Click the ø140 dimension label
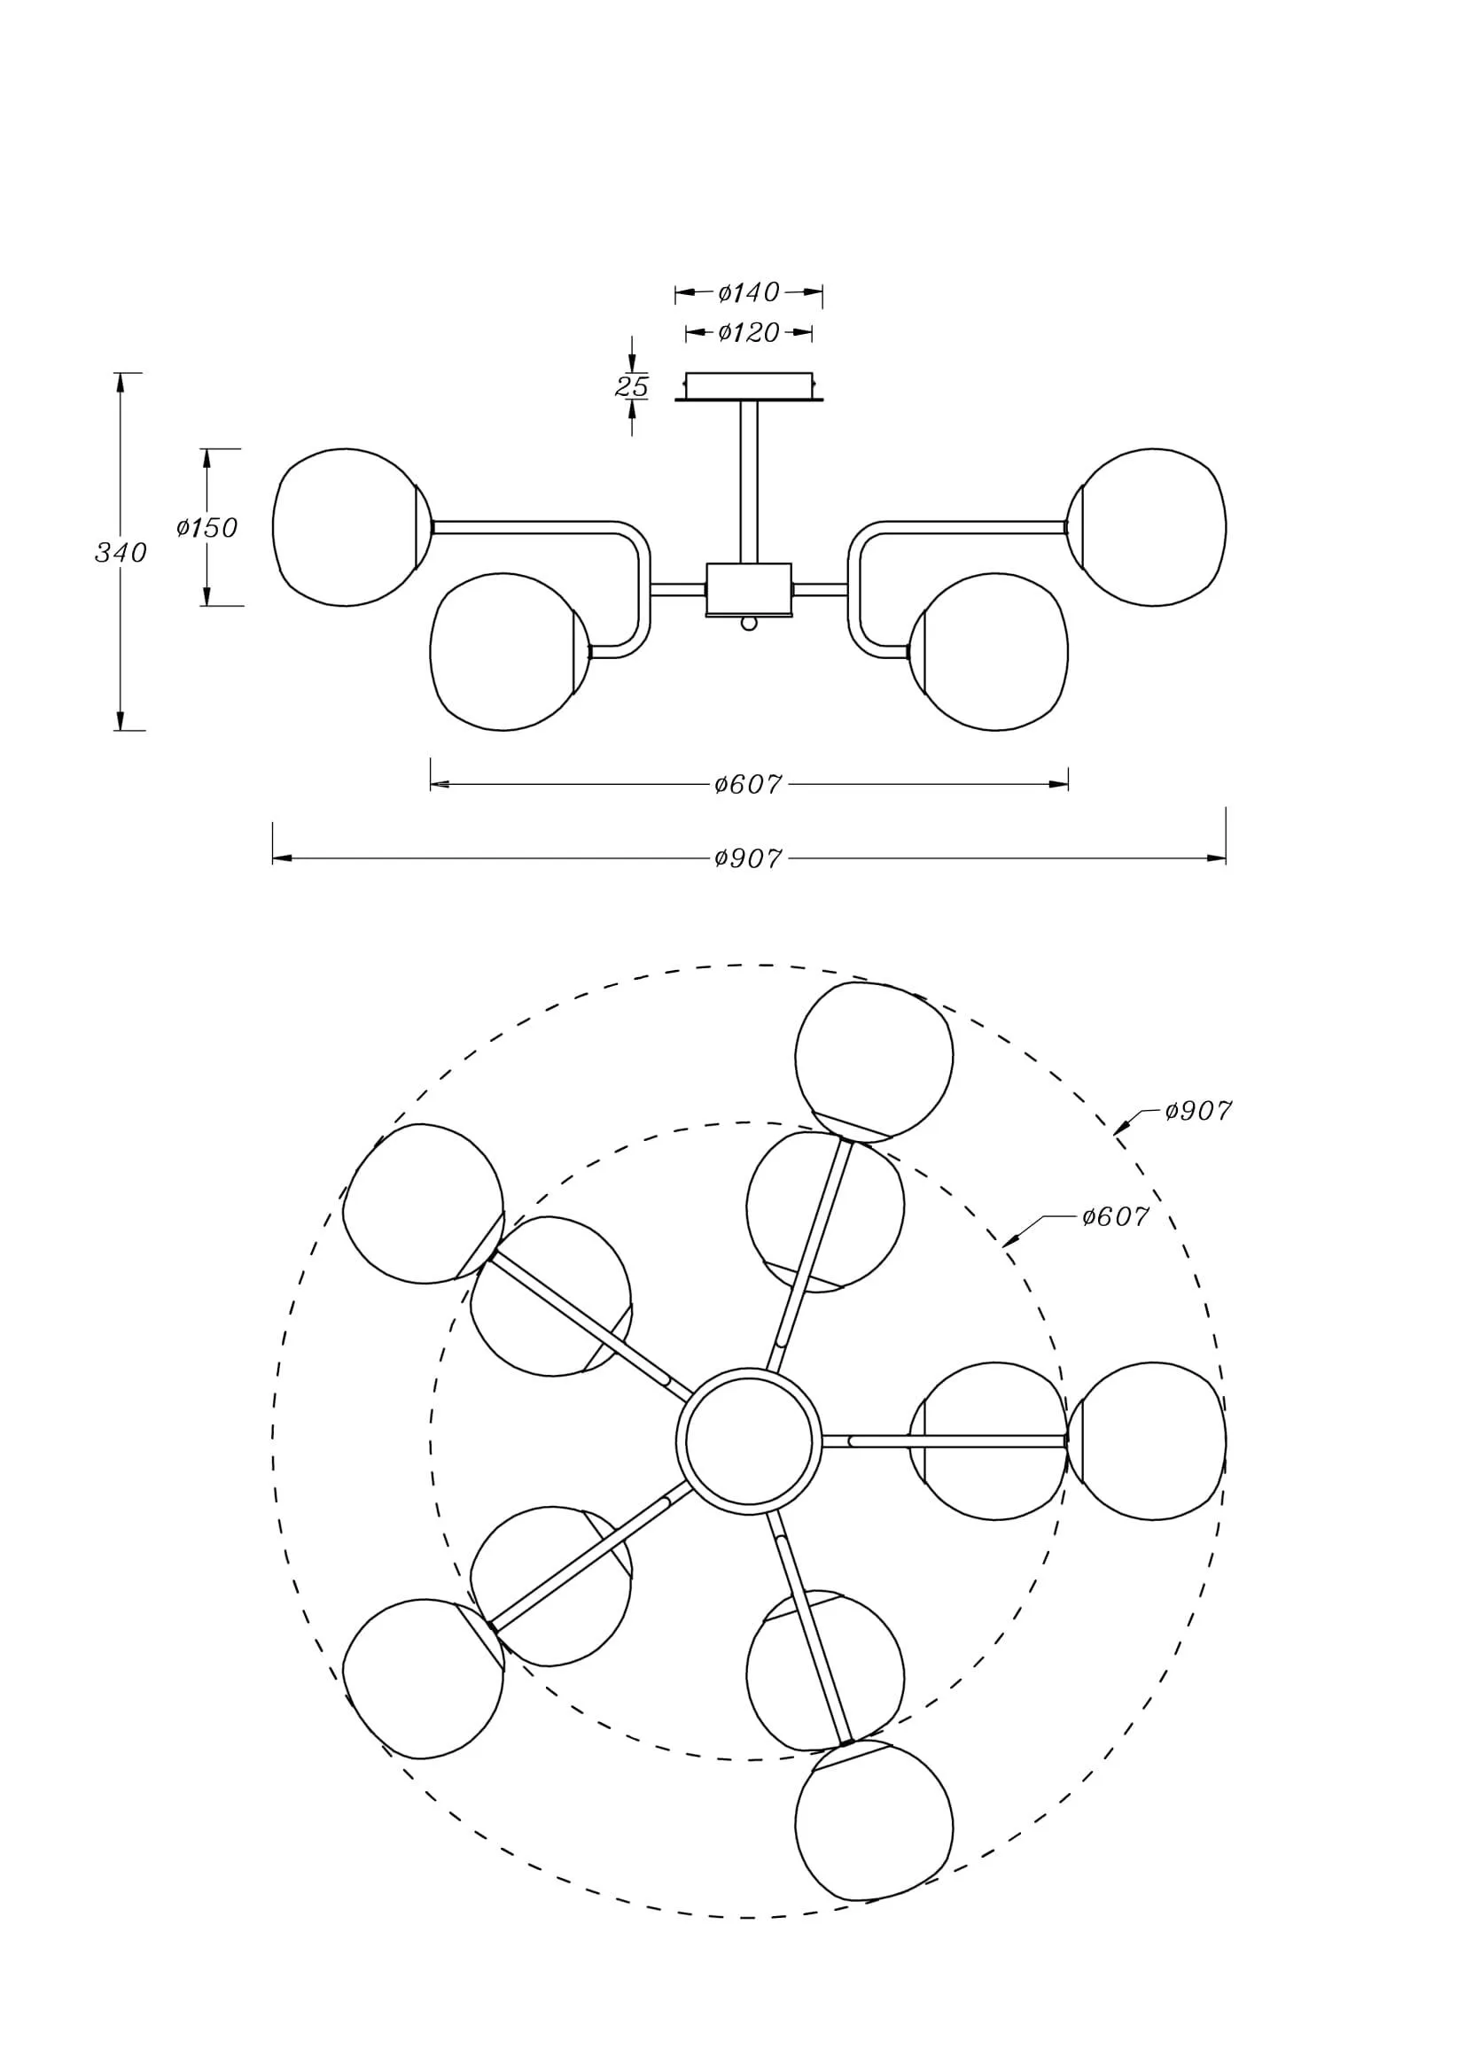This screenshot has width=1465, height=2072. tap(748, 292)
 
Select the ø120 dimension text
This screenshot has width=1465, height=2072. tap(748, 333)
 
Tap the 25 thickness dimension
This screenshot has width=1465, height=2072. tap(632, 386)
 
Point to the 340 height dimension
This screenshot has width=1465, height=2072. tap(121, 552)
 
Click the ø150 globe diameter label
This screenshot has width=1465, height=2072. tap(207, 527)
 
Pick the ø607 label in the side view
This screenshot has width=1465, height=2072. tap(747, 784)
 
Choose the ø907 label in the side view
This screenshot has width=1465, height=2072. tap(747, 858)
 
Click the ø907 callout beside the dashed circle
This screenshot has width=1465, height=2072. tap(1198, 1111)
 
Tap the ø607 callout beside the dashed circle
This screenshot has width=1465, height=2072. tap(1115, 1217)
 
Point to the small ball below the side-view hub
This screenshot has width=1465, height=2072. tap(748, 624)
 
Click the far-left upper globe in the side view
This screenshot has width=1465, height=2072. tap(346, 527)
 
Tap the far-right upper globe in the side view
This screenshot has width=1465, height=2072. tap(1150, 527)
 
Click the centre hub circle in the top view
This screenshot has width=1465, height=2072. tap(748, 1441)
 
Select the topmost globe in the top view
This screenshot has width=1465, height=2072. tap(873, 1061)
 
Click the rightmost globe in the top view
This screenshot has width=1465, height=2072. tap(1146, 1441)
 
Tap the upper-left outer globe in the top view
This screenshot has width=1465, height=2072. tap(424, 1204)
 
